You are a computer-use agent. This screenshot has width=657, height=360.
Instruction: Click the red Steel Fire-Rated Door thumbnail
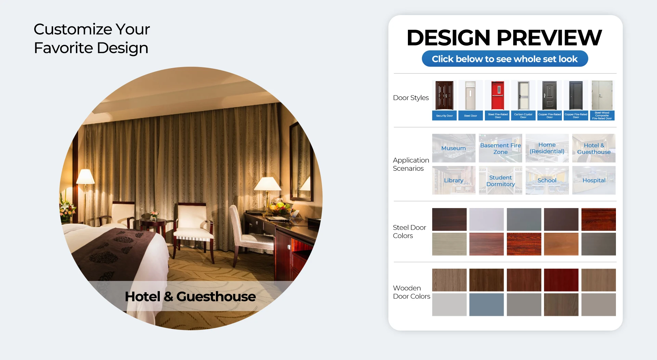click(x=498, y=100)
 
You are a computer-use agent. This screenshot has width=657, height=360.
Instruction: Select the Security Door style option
click(x=445, y=100)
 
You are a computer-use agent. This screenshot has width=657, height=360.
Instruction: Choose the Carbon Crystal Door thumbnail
click(x=523, y=100)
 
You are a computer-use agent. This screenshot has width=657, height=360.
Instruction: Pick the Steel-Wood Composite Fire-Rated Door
click(x=602, y=100)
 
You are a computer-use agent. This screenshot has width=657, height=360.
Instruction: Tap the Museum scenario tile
click(x=454, y=148)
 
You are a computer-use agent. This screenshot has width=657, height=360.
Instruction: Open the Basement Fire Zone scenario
click(x=500, y=148)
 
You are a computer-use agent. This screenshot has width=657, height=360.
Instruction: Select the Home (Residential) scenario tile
click(x=547, y=148)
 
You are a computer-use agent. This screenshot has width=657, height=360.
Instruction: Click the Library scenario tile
click(x=454, y=180)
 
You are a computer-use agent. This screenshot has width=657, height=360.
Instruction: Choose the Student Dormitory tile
click(x=500, y=180)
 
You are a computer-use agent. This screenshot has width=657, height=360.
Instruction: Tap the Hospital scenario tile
click(x=594, y=180)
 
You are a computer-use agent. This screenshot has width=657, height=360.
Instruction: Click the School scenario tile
click(x=547, y=180)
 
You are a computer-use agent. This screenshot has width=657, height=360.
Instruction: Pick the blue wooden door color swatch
click(x=487, y=305)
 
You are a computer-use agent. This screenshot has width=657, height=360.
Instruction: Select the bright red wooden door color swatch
click(x=561, y=280)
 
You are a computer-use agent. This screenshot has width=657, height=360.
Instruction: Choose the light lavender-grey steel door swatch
click(x=487, y=219)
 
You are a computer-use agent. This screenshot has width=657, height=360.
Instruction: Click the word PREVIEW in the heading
click(x=549, y=38)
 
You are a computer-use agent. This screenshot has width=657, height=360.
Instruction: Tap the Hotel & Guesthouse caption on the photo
click(x=190, y=296)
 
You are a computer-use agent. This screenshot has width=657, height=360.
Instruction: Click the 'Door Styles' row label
click(x=411, y=98)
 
